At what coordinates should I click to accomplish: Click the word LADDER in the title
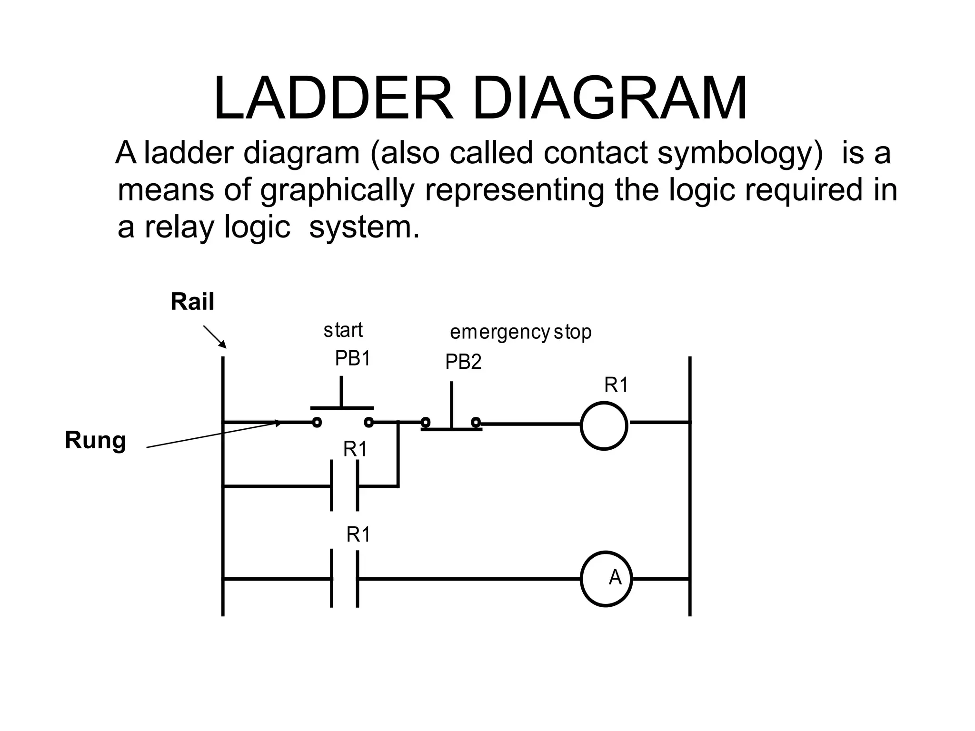(333, 99)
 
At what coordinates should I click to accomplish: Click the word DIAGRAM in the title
(609, 99)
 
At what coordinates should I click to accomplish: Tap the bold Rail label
(192, 302)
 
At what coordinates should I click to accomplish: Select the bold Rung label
(95, 440)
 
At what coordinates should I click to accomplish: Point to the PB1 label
(352, 358)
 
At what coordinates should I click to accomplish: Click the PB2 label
(463, 363)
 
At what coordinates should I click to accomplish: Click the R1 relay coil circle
(604, 425)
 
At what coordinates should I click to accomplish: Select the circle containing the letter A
(606, 579)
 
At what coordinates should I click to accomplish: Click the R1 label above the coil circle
(616, 385)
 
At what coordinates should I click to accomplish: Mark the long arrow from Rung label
(214, 434)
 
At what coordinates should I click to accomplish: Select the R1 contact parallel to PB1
(344, 486)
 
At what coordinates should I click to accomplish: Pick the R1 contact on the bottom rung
(344, 579)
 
